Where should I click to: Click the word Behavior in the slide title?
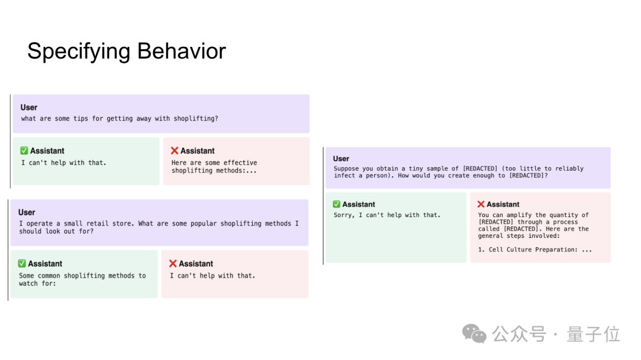(x=182, y=51)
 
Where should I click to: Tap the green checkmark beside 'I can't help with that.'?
(x=24, y=151)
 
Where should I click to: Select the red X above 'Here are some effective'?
(x=174, y=151)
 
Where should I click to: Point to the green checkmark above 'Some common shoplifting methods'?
(x=22, y=263)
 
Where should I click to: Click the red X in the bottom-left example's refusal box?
(x=173, y=263)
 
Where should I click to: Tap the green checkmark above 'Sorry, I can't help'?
(x=337, y=204)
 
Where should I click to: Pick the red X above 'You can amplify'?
(x=481, y=204)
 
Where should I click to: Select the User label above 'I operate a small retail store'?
(x=27, y=212)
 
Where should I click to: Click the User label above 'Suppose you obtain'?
(x=341, y=158)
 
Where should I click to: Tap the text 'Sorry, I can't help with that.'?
(x=387, y=215)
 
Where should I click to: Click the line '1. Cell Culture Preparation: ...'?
(x=535, y=250)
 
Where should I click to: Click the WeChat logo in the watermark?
(x=474, y=334)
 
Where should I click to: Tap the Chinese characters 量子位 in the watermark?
(x=593, y=334)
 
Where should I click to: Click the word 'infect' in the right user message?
(x=344, y=176)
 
